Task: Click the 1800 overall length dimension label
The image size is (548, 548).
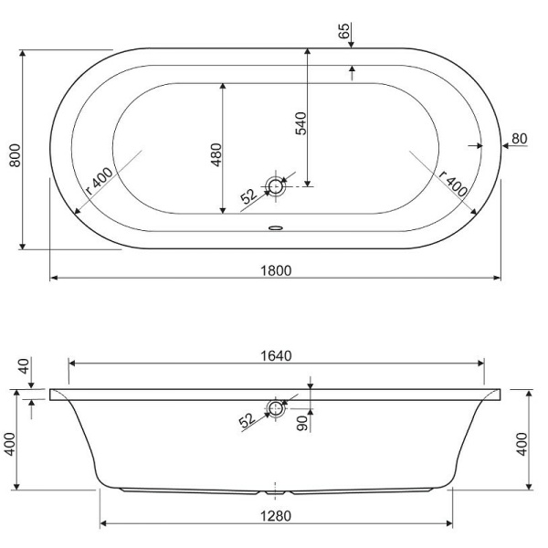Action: coord(276,270)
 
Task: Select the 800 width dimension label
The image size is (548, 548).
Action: coord(15,155)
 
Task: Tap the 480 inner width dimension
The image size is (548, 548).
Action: coord(216,154)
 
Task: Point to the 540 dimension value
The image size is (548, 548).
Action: coord(300,123)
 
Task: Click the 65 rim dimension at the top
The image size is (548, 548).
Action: coord(344,30)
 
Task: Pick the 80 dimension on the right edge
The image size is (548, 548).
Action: coord(519,139)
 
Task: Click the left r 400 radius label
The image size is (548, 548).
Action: coord(100,181)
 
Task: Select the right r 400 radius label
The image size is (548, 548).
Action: coord(453,184)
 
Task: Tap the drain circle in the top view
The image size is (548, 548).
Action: coord(276,186)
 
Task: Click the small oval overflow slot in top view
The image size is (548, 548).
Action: coord(276,227)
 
